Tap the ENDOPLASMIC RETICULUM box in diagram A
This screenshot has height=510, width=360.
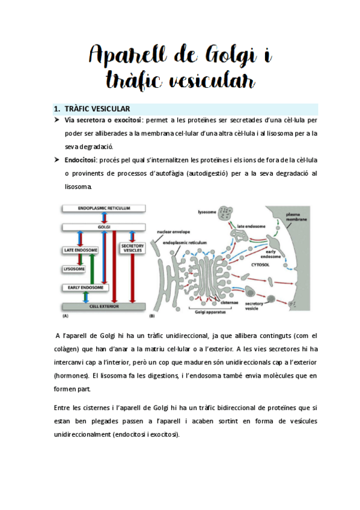pos(105,209)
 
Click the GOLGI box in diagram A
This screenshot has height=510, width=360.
pos(105,229)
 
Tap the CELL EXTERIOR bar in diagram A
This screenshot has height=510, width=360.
pos(105,306)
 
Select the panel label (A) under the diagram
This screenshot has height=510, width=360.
pos(66,315)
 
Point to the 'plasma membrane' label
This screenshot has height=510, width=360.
pos(297,217)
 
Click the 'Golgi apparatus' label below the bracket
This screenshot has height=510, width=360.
pos(212,313)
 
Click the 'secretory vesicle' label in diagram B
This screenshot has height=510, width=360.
pos(258,307)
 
